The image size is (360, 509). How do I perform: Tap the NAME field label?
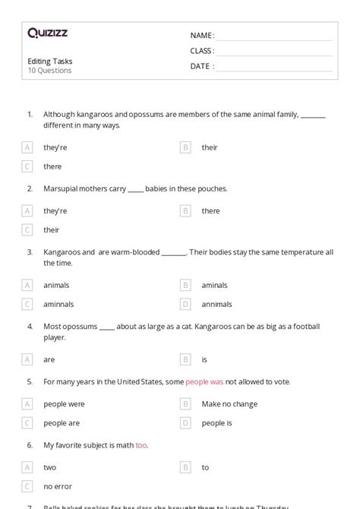click(201, 36)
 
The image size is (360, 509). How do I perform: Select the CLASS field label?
click(202, 51)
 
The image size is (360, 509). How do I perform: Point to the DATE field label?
click(202, 66)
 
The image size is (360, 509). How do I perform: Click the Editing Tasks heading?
click(50, 61)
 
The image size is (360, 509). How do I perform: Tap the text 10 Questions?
click(49, 71)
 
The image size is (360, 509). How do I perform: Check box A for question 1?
click(27, 147)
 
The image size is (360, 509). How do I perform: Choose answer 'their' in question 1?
click(210, 147)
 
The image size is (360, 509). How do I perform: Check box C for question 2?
click(27, 229)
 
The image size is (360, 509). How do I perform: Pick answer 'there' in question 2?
click(210, 210)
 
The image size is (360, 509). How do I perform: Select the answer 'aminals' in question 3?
click(214, 285)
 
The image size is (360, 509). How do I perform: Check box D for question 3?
click(185, 304)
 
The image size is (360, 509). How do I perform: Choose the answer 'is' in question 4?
click(205, 359)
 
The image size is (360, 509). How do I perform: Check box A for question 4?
click(27, 359)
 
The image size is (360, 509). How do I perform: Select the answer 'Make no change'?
click(229, 403)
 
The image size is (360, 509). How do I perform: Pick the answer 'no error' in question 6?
click(58, 486)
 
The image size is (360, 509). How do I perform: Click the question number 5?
click(30, 381)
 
